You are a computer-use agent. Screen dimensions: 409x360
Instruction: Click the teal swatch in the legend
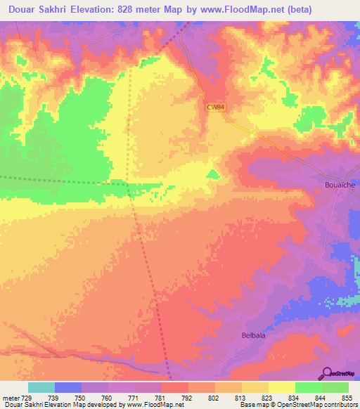click(x=41, y=387)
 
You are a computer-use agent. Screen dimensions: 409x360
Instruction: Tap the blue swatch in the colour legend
click(x=67, y=387)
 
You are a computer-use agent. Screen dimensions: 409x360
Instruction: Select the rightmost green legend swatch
click(x=335, y=387)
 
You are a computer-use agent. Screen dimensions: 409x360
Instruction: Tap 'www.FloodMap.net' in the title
click(x=233, y=8)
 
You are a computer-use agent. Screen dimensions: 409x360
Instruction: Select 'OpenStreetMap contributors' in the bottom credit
click(x=315, y=405)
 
